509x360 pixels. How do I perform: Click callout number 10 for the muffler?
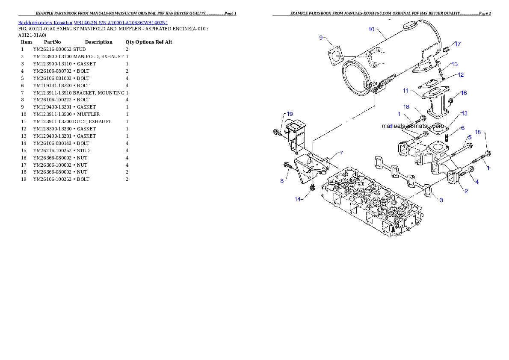coord(371,29)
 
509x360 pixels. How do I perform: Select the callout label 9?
coord(321,38)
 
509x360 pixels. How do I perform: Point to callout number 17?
coord(458,44)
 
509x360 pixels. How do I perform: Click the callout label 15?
coord(454,64)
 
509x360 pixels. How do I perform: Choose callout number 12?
coord(460,75)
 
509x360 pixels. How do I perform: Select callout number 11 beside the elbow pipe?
coord(405,91)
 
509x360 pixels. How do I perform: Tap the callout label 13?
coord(464,113)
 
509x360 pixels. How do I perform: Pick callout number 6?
coord(462,128)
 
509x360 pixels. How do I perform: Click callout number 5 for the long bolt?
coord(469,137)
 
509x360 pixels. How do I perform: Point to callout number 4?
coord(476,182)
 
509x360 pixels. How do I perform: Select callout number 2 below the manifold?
coord(466,191)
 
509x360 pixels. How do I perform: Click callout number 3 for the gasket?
coord(441,200)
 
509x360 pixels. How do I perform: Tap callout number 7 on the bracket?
coord(341,153)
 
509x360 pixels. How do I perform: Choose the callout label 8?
coord(282,181)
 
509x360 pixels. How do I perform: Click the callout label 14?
coord(298,199)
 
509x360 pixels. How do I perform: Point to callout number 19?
coord(290,114)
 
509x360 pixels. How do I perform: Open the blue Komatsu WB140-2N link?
coord(93,23)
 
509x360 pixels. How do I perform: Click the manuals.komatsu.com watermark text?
coord(412,126)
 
